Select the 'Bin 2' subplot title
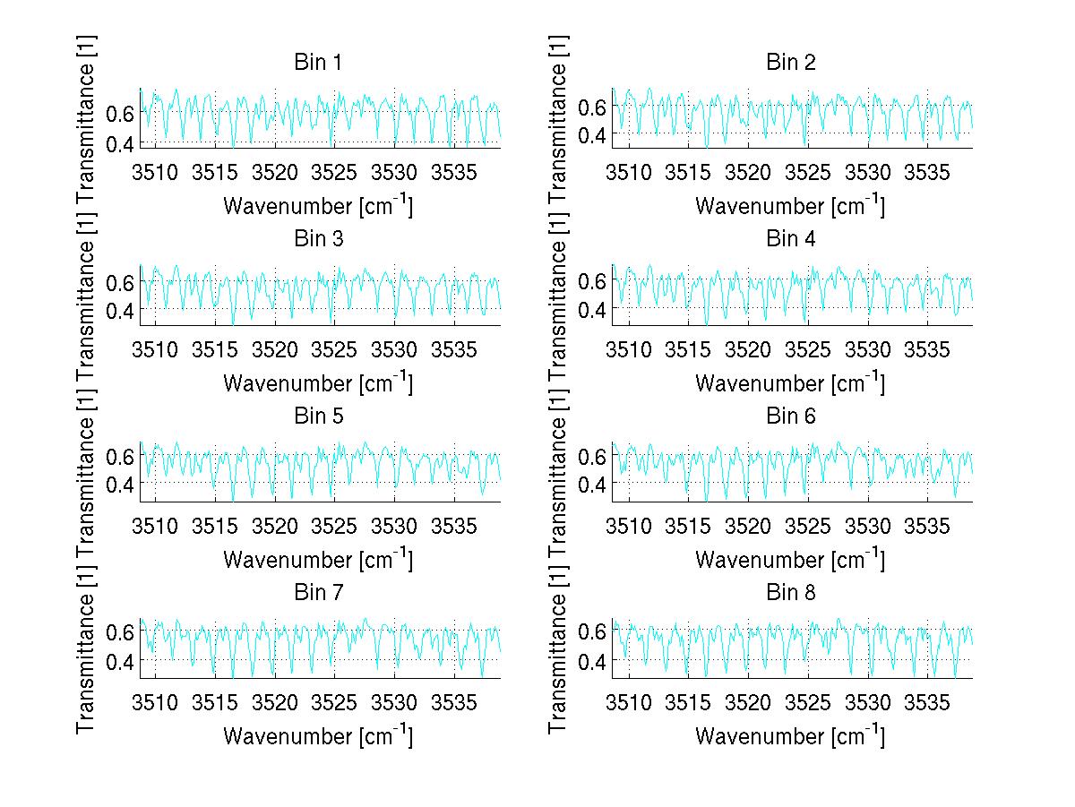(791, 63)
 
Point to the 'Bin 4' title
(791, 239)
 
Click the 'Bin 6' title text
(791, 416)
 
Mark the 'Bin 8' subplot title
(791, 592)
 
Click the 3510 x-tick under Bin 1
(155, 171)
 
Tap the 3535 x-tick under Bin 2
(927, 171)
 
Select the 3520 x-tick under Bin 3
(275, 348)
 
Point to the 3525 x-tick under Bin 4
(808, 348)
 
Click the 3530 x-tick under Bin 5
(395, 524)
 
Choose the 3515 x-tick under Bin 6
(688, 524)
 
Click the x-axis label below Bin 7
(317, 735)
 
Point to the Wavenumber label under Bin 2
(791, 205)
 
